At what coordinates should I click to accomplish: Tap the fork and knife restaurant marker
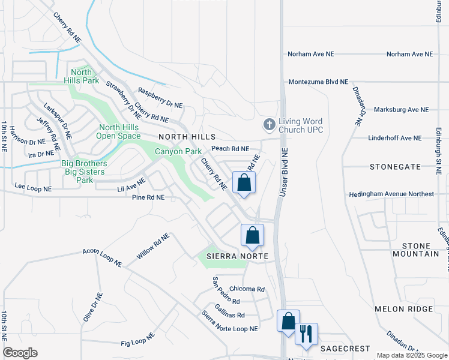pos(306,334)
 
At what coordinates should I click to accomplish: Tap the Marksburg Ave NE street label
pos(401,110)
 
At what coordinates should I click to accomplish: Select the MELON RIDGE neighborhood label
pos(403,309)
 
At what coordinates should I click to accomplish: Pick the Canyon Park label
pos(178,151)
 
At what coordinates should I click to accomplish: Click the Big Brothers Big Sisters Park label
pos(85,172)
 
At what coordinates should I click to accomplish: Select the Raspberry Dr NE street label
pos(160,98)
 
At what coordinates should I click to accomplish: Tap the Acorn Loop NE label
pos(102,256)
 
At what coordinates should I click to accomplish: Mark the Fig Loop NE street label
pos(138,341)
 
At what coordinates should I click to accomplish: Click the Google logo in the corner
pos(20,353)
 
